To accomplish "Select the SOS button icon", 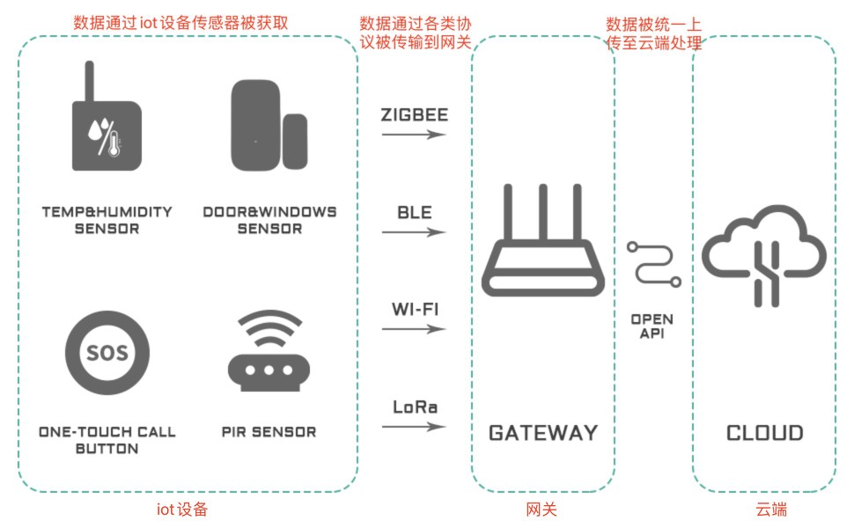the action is pos(107,353).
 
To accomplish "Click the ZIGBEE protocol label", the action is pos(415,115).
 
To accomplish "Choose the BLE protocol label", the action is pos(415,212).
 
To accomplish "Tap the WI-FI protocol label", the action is pos(415,309).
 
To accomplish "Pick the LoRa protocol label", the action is pos(415,407).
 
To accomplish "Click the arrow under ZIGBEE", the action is pos(414,134).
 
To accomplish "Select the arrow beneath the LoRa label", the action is pos(414,427).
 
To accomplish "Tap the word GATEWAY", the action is pos(543,433).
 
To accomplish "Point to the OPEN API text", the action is pos(652,326).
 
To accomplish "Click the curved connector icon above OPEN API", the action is pos(652,265).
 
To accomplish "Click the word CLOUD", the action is pos(765,433).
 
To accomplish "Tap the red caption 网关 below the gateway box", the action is pos(541,510).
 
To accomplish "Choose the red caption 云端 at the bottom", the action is pos(771,510).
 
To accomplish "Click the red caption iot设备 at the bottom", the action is pos(182,510).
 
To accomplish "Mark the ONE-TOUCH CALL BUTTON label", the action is pos(107,440).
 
